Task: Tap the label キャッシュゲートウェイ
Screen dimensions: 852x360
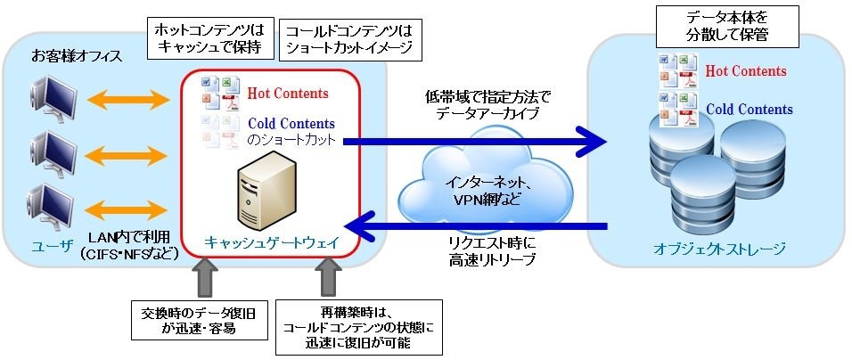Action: point(271,242)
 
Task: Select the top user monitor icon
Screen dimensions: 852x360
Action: point(53,101)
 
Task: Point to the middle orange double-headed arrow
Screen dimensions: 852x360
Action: point(128,156)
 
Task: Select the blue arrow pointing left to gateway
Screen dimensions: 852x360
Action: point(479,225)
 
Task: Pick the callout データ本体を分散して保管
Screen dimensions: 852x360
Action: point(727,26)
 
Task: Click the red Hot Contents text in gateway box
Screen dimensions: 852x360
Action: point(288,94)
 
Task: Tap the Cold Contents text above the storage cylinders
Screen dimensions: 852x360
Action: point(750,109)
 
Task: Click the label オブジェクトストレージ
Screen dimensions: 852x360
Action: point(719,249)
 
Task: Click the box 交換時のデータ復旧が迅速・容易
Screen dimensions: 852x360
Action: point(198,320)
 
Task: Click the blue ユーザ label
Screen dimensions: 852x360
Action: point(52,245)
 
